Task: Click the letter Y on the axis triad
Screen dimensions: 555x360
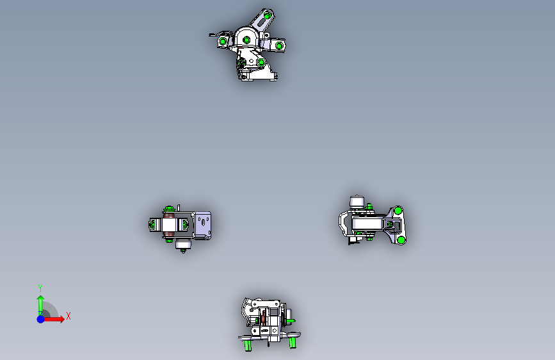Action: [x=40, y=288]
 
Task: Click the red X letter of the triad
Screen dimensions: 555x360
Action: [x=68, y=316]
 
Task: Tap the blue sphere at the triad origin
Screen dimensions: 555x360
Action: [x=41, y=319]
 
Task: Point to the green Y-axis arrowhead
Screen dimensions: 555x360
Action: [x=41, y=299]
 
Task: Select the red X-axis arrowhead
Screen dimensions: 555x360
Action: [x=61, y=319]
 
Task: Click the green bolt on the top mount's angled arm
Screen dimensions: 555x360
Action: [x=268, y=15]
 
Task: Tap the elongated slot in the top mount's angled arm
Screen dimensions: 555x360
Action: [x=262, y=23]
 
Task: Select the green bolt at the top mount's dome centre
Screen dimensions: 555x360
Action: [x=246, y=40]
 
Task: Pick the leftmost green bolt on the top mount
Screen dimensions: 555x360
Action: [x=223, y=42]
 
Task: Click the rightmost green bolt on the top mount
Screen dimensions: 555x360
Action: [x=279, y=45]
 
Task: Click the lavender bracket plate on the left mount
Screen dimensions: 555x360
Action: [x=203, y=225]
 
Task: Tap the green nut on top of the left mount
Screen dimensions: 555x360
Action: [x=169, y=208]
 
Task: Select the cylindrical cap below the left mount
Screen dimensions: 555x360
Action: [x=183, y=244]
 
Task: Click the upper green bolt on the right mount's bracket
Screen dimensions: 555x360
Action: [x=398, y=211]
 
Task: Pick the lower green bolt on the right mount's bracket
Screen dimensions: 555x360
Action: [x=401, y=240]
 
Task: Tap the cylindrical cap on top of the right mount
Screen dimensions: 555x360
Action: [x=357, y=201]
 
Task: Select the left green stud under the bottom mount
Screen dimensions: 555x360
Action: [x=248, y=345]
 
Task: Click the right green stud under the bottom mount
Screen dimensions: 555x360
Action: [x=293, y=343]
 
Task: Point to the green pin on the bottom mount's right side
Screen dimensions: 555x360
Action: [x=290, y=321]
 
